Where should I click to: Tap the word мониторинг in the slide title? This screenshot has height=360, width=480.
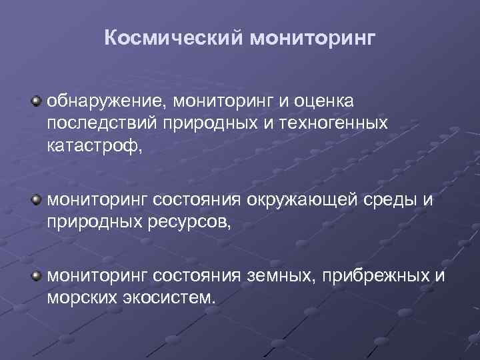312,39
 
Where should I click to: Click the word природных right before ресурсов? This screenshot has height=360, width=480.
93,221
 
